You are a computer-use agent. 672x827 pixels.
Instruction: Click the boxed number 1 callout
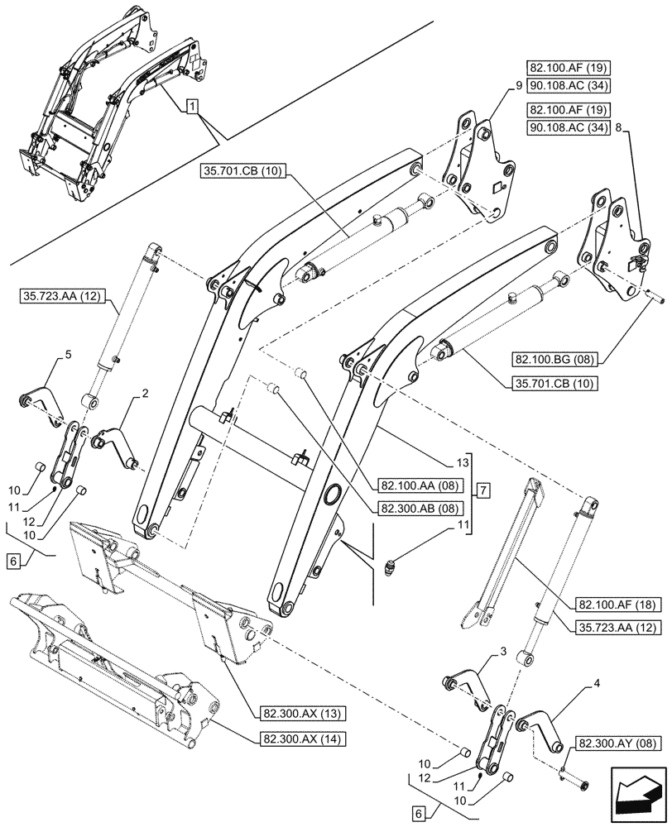click(x=191, y=108)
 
